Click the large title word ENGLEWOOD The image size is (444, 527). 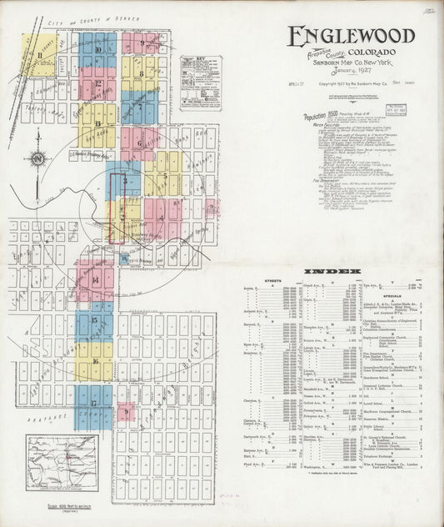tap(351, 36)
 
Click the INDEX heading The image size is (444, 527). tap(332, 272)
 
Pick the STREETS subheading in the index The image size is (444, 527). tap(272, 281)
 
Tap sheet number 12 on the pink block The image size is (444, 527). tap(98, 83)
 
